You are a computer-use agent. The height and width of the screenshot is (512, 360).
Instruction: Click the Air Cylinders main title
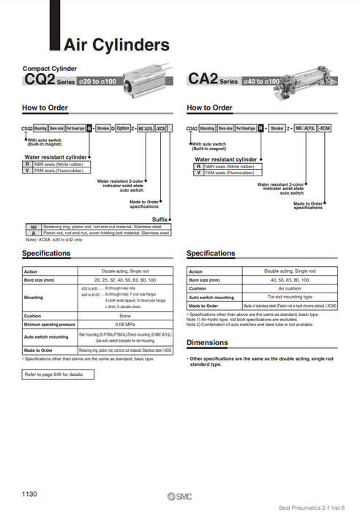pos(116,45)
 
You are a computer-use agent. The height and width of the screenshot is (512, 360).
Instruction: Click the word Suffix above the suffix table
pos(160,219)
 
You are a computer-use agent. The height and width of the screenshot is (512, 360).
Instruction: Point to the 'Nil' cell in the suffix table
pos(33,227)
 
